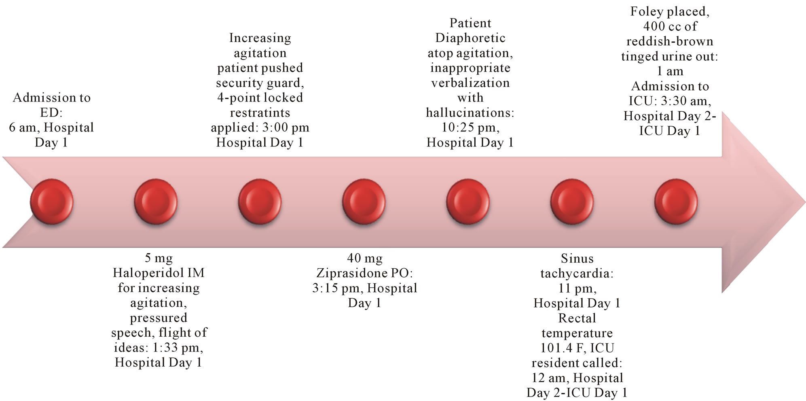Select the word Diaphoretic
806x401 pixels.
coord(470,38)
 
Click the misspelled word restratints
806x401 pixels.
coord(260,112)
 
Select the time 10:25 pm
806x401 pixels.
coord(470,128)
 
